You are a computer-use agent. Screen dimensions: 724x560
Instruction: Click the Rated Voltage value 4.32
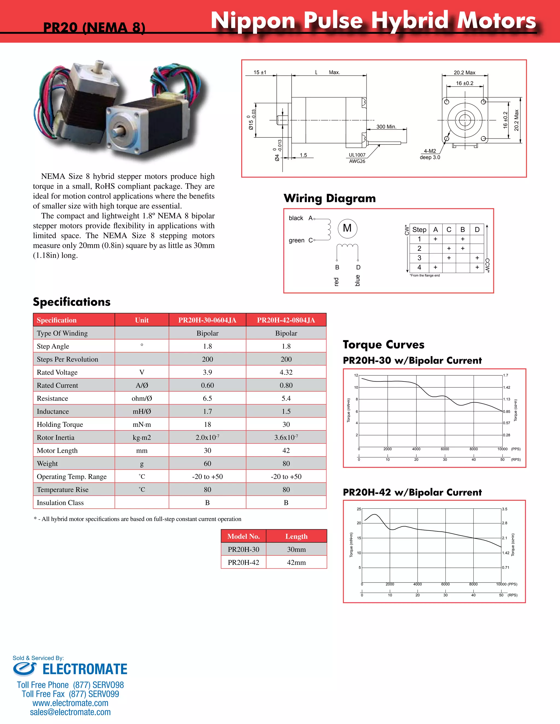click(286, 372)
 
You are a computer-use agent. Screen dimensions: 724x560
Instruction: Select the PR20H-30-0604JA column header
click(207, 320)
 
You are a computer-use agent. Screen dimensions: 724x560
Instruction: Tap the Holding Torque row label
click(60, 425)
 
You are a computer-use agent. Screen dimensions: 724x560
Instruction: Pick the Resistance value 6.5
click(207, 398)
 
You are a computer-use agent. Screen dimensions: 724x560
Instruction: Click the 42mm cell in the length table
click(296, 563)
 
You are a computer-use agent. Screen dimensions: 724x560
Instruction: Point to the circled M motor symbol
click(347, 228)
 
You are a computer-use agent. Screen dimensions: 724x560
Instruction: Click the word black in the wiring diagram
click(296, 218)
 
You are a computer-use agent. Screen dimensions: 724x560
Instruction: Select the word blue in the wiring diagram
click(358, 281)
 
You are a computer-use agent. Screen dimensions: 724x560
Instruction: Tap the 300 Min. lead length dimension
click(386, 127)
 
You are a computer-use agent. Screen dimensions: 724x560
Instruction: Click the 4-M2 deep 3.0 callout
click(430, 154)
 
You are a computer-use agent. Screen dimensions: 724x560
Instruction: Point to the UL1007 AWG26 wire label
click(357, 158)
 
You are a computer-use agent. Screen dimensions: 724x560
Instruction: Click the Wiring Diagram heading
click(329, 198)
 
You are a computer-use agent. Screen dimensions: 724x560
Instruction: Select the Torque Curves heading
click(384, 345)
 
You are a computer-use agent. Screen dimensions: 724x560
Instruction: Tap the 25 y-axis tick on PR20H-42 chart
click(359, 509)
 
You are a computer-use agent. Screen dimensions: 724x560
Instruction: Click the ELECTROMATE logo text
click(84, 669)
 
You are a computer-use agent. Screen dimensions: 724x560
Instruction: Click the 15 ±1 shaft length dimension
click(260, 72)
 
